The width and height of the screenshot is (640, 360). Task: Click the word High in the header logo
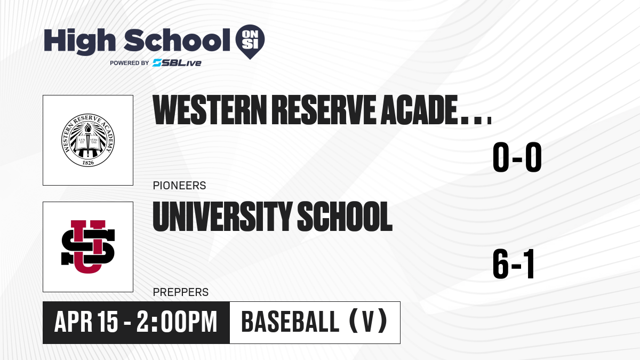[79, 42]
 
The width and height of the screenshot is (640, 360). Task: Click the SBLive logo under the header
[177, 63]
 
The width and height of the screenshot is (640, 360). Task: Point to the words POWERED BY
[130, 63]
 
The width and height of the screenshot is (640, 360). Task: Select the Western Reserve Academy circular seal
[88, 140]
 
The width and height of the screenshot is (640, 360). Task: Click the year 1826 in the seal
[88, 163]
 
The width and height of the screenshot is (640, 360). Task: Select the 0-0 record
[517, 157]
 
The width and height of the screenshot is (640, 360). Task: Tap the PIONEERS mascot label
[179, 186]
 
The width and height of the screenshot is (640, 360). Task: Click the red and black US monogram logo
[88, 247]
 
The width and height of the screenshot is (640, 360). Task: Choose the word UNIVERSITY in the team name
[222, 217]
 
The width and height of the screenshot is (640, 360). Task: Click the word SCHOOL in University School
[345, 217]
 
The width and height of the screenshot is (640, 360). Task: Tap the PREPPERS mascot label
[181, 292]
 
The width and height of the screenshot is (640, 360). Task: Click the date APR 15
[86, 322]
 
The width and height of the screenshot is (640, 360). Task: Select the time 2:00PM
[177, 322]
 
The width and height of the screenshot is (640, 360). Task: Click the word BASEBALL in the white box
[290, 322]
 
